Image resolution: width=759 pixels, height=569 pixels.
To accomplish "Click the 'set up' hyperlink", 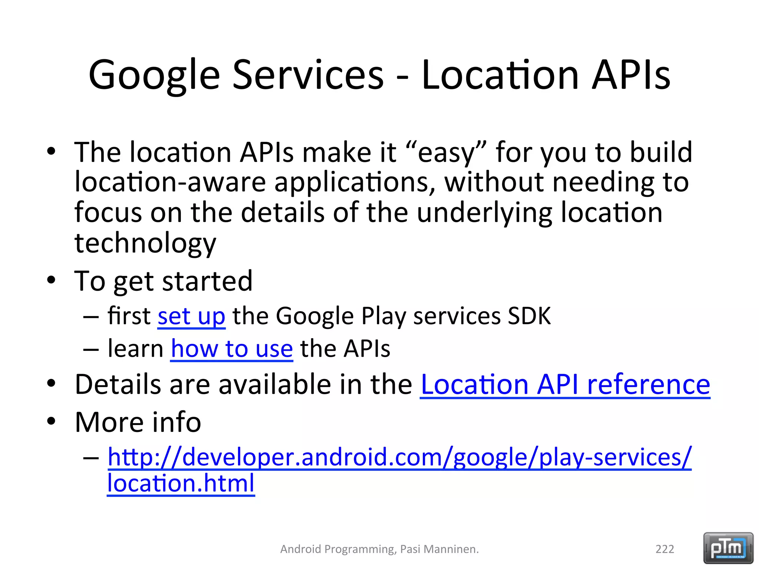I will click(x=191, y=316).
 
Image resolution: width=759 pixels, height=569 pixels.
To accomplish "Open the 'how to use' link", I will click(x=232, y=349).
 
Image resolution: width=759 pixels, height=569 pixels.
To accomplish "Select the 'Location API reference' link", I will click(x=565, y=385).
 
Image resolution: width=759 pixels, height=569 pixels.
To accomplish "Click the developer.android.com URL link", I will click(x=399, y=457).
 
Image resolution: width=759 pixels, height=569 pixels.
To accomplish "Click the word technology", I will click(x=145, y=243).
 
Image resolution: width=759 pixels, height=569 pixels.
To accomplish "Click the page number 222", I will click(x=664, y=549).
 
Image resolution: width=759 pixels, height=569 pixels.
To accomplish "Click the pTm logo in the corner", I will click(x=728, y=548).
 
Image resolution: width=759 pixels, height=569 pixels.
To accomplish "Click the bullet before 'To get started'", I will click(x=51, y=280).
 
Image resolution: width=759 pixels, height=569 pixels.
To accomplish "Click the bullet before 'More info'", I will click(x=51, y=421).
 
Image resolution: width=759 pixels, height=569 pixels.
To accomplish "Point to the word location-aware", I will click(x=170, y=182).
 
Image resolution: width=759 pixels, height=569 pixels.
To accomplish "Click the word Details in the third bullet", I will click(x=118, y=385).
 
